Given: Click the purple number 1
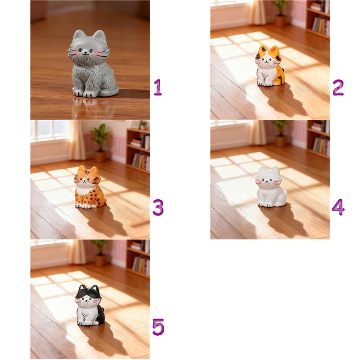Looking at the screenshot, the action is coord(158,87).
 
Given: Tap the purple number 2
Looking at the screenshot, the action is coord(338,87).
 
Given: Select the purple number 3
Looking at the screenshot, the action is coord(158,207).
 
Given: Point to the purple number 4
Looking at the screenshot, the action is coord(338,207).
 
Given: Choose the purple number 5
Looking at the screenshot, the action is coord(158,327).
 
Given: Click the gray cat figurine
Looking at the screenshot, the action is coord(92,64).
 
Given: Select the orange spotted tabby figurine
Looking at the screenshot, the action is coord(90,187).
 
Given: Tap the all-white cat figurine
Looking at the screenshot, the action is coord(270,187).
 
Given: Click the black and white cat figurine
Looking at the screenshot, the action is coord(90,305).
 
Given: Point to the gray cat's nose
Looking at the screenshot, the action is coord(85,53).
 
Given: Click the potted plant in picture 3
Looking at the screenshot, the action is coord(100,142).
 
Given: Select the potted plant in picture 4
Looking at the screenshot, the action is coord(280,133).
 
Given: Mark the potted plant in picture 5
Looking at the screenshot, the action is coord(100,253).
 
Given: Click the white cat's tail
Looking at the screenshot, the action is coord(284,197).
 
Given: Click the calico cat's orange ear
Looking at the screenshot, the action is coord(274,49).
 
